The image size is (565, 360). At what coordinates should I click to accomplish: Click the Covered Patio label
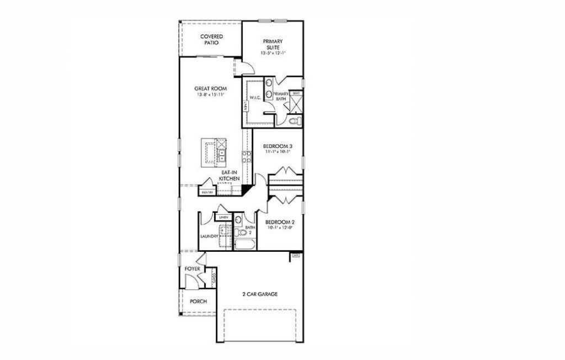(x=211, y=39)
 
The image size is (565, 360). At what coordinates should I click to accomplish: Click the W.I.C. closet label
(x=254, y=98)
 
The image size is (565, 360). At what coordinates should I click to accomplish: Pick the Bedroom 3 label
(x=277, y=146)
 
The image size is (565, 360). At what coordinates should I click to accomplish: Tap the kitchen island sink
(x=221, y=154)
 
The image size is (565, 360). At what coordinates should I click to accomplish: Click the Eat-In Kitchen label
(x=228, y=176)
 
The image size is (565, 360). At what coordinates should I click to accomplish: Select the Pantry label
(x=207, y=192)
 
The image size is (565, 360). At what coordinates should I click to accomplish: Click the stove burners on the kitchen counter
(x=247, y=156)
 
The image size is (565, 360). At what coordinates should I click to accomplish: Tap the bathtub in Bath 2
(x=243, y=244)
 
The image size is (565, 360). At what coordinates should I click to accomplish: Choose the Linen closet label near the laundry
(x=223, y=218)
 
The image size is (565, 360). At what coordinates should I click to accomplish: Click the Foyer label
(x=192, y=268)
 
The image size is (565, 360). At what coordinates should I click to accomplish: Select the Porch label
(x=198, y=301)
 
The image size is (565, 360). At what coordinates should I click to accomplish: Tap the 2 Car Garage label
(x=259, y=294)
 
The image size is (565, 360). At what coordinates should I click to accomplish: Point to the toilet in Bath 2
(x=239, y=220)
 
